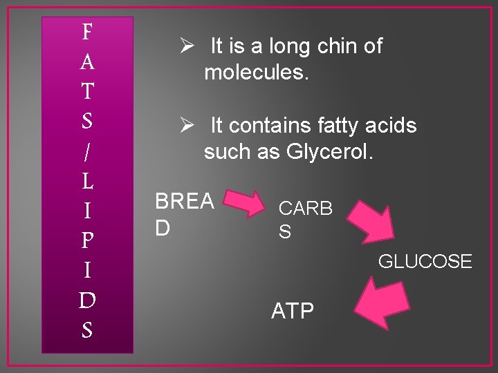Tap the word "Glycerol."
pos(329,152)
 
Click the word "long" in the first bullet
pos(290,47)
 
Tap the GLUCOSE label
pos(425,262)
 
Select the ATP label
pos(293,312)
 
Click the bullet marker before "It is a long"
pos(185,47)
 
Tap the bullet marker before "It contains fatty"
pos(185,126)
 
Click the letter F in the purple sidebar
pos(87,32)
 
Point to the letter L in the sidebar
pos(87,182)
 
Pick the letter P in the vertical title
pos(87,241)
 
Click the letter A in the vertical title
pos(87,62)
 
